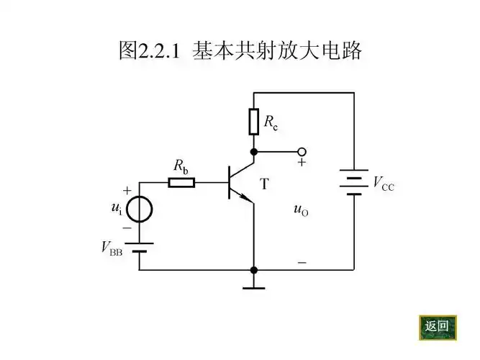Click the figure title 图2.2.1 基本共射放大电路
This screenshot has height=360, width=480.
[239, 50]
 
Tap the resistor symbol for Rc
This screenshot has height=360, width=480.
[253, 122]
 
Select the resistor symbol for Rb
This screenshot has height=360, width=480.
[181, 182]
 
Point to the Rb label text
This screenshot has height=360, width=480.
[181, 166]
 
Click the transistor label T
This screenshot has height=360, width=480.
[264, 184]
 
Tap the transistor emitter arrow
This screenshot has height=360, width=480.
[246, 198]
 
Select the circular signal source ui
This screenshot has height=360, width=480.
[140, 210]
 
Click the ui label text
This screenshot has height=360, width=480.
[115, 210]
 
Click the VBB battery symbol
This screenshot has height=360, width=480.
[140, 248]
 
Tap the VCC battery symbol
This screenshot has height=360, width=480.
[353, 183]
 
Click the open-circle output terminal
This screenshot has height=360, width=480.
[302, 152]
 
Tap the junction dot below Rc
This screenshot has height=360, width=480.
[253, 152]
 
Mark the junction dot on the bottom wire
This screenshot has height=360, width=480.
[253, 270]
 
